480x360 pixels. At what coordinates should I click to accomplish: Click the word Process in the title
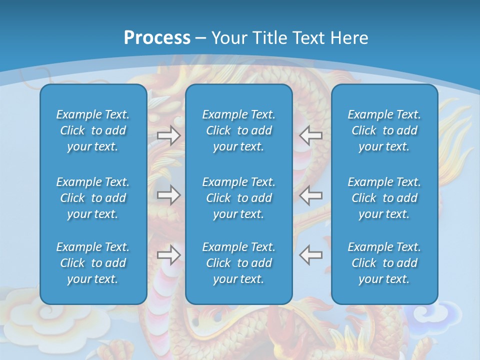[157, 38]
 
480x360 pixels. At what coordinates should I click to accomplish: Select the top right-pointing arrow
[168, 135]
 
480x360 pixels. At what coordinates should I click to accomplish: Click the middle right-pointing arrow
[168, 195]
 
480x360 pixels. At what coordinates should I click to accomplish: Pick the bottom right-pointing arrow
[168, 255]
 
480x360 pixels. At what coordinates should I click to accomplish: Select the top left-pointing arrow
[311, 135]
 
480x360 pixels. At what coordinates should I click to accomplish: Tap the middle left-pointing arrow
[311, 195]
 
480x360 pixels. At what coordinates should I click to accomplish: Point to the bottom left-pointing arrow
[311, 255]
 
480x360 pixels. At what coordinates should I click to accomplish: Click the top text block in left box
[93, 130]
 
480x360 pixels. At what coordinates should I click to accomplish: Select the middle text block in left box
[93, 198]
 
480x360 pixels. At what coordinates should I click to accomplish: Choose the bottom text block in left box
[93, 263]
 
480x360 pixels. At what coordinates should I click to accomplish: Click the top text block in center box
[238, 130]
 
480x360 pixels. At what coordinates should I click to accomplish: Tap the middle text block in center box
[238, 198]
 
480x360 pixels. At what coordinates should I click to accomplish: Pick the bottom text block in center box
[238, 263]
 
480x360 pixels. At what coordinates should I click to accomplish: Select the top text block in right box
[384, 130]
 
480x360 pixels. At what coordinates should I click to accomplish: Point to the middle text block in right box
[384, 198]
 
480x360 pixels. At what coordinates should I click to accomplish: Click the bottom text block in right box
[384, 263]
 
